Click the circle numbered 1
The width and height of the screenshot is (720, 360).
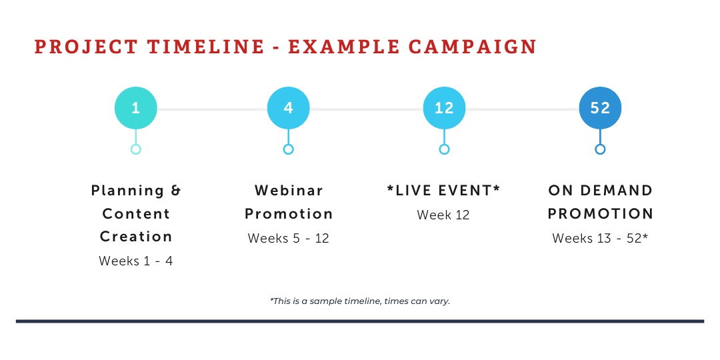point(136,109)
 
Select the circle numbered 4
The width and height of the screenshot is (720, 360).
point(289,109)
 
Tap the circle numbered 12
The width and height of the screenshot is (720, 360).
point(444,109)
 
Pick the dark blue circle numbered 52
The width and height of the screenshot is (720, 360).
point(600,109)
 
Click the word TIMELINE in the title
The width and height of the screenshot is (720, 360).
point(206,47)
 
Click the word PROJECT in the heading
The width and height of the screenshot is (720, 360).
point(86,47)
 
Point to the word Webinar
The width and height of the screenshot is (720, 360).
point(289,190)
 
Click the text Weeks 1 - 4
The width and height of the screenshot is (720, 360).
point(136,261)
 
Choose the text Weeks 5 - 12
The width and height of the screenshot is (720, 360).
point(289,238)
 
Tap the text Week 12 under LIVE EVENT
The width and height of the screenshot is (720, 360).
point(443,215)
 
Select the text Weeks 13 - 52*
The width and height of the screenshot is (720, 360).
point(600,238)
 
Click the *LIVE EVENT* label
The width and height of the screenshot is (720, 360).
point(443,190)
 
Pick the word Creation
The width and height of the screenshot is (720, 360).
point(136,237)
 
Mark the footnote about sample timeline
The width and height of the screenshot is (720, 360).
point(360,301)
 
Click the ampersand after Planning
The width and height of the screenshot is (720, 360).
point(176,190)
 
